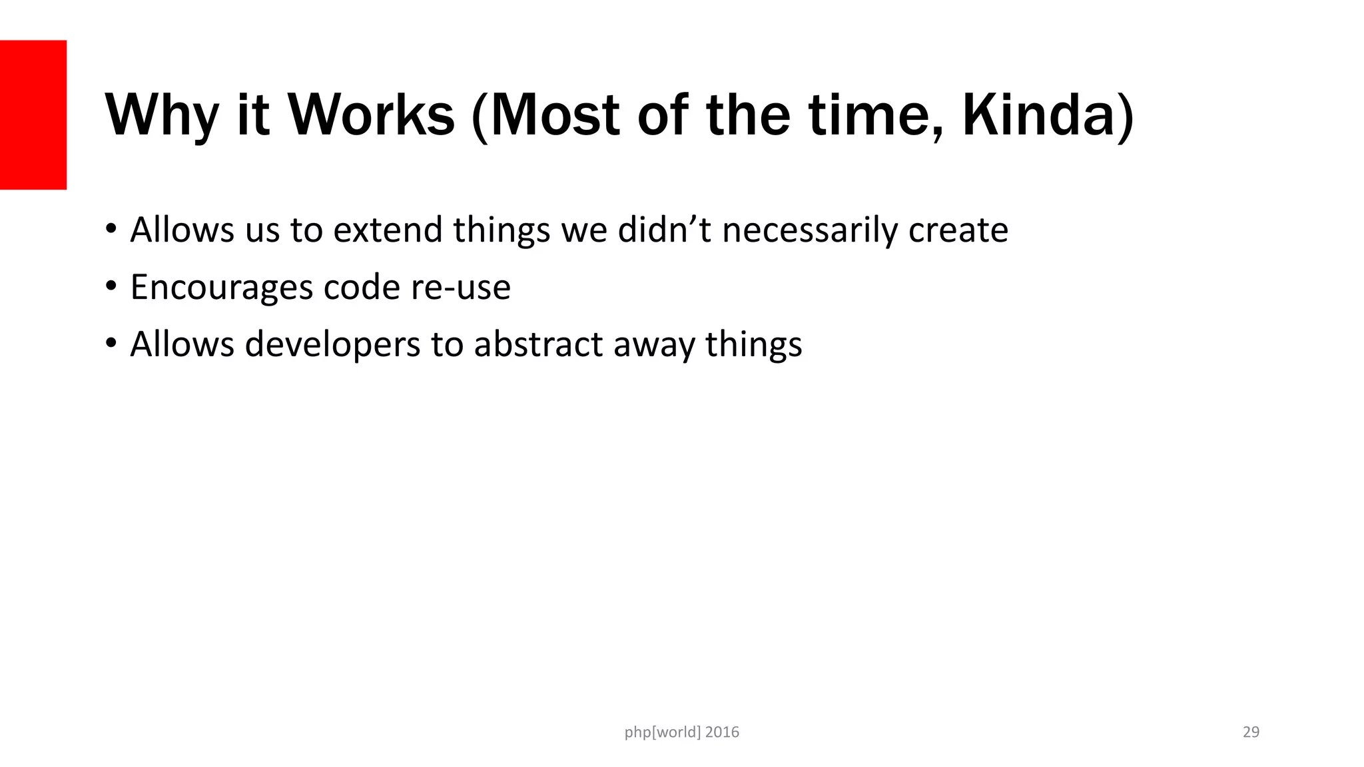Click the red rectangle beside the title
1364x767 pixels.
click(33, 115)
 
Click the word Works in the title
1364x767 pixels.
click(371, 115)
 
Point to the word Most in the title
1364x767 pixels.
click(554, 115)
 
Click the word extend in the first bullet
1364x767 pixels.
click(388, 230)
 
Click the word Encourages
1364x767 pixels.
click(221, 288)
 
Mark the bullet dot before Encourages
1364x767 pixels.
click(111, 286)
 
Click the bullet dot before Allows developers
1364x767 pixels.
click(111, 344)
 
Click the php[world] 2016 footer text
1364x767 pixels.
click(681, 732)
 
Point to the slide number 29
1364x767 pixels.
click(1251, 732)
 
